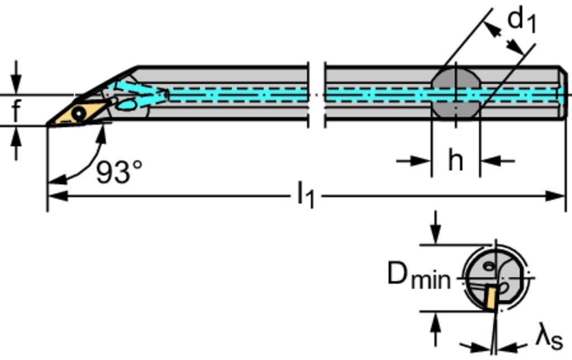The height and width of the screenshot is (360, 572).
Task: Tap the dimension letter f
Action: click(x=16, y=111)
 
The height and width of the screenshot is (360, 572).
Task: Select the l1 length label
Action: click(x=306, y=196)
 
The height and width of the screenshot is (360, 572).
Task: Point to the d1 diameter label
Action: click(x=521, y=21)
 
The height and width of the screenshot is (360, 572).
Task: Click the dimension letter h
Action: click(x=456, y=161)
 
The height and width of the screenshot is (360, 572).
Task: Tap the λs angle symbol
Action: click(x=549, y=339)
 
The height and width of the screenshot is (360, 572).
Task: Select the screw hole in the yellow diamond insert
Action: click(x=79, y=113)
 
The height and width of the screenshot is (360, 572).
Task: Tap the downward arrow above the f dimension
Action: click(x=16, y=84)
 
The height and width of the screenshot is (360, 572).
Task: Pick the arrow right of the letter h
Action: click(x=490, y=161)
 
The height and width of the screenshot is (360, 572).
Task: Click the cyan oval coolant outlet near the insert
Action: click(x=127, y=104)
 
